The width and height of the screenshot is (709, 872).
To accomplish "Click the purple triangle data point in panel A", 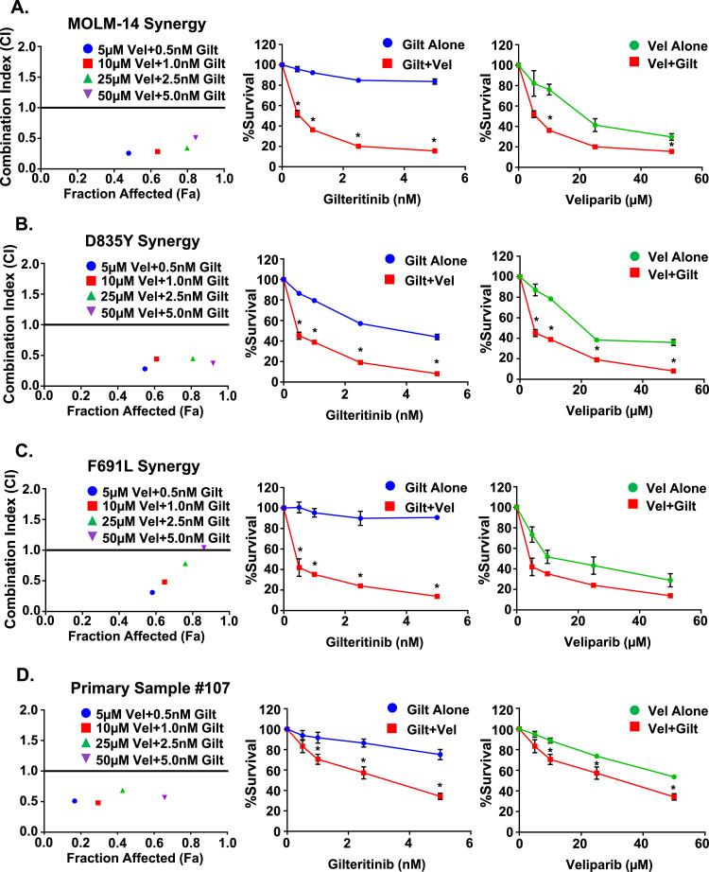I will point(196,137).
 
